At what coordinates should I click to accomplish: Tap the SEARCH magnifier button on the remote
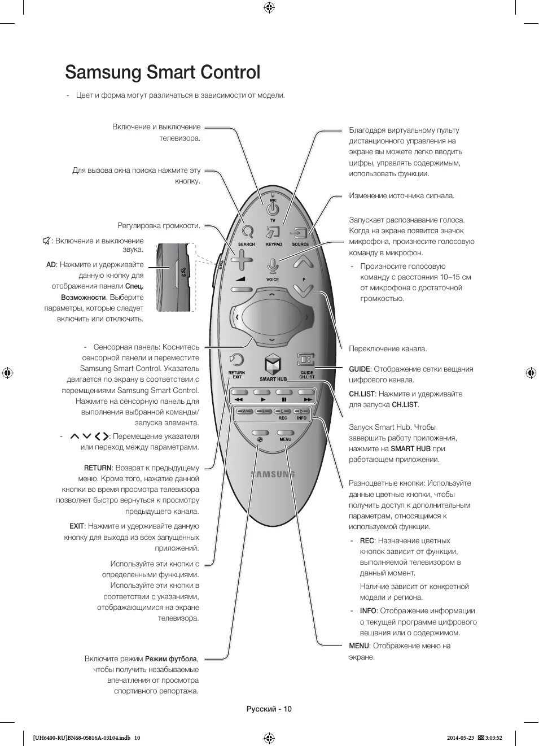point(247,232)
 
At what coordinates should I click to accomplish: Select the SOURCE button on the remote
point(299,233)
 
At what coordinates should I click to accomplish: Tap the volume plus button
point(242,261)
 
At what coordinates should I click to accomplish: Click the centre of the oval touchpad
point(273,318)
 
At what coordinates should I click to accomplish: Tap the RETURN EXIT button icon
point(236,360)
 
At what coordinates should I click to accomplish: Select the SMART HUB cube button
point(273,364)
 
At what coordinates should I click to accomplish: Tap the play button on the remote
point(263,398)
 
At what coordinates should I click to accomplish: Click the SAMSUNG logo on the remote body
point(273,474)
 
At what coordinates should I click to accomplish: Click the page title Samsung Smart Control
point(163,72)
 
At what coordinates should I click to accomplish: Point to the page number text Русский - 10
point(269,709)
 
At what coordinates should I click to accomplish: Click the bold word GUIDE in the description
point(359,369)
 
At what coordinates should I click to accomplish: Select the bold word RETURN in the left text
point(98,468)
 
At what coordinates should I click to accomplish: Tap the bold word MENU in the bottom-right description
point(358,646)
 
